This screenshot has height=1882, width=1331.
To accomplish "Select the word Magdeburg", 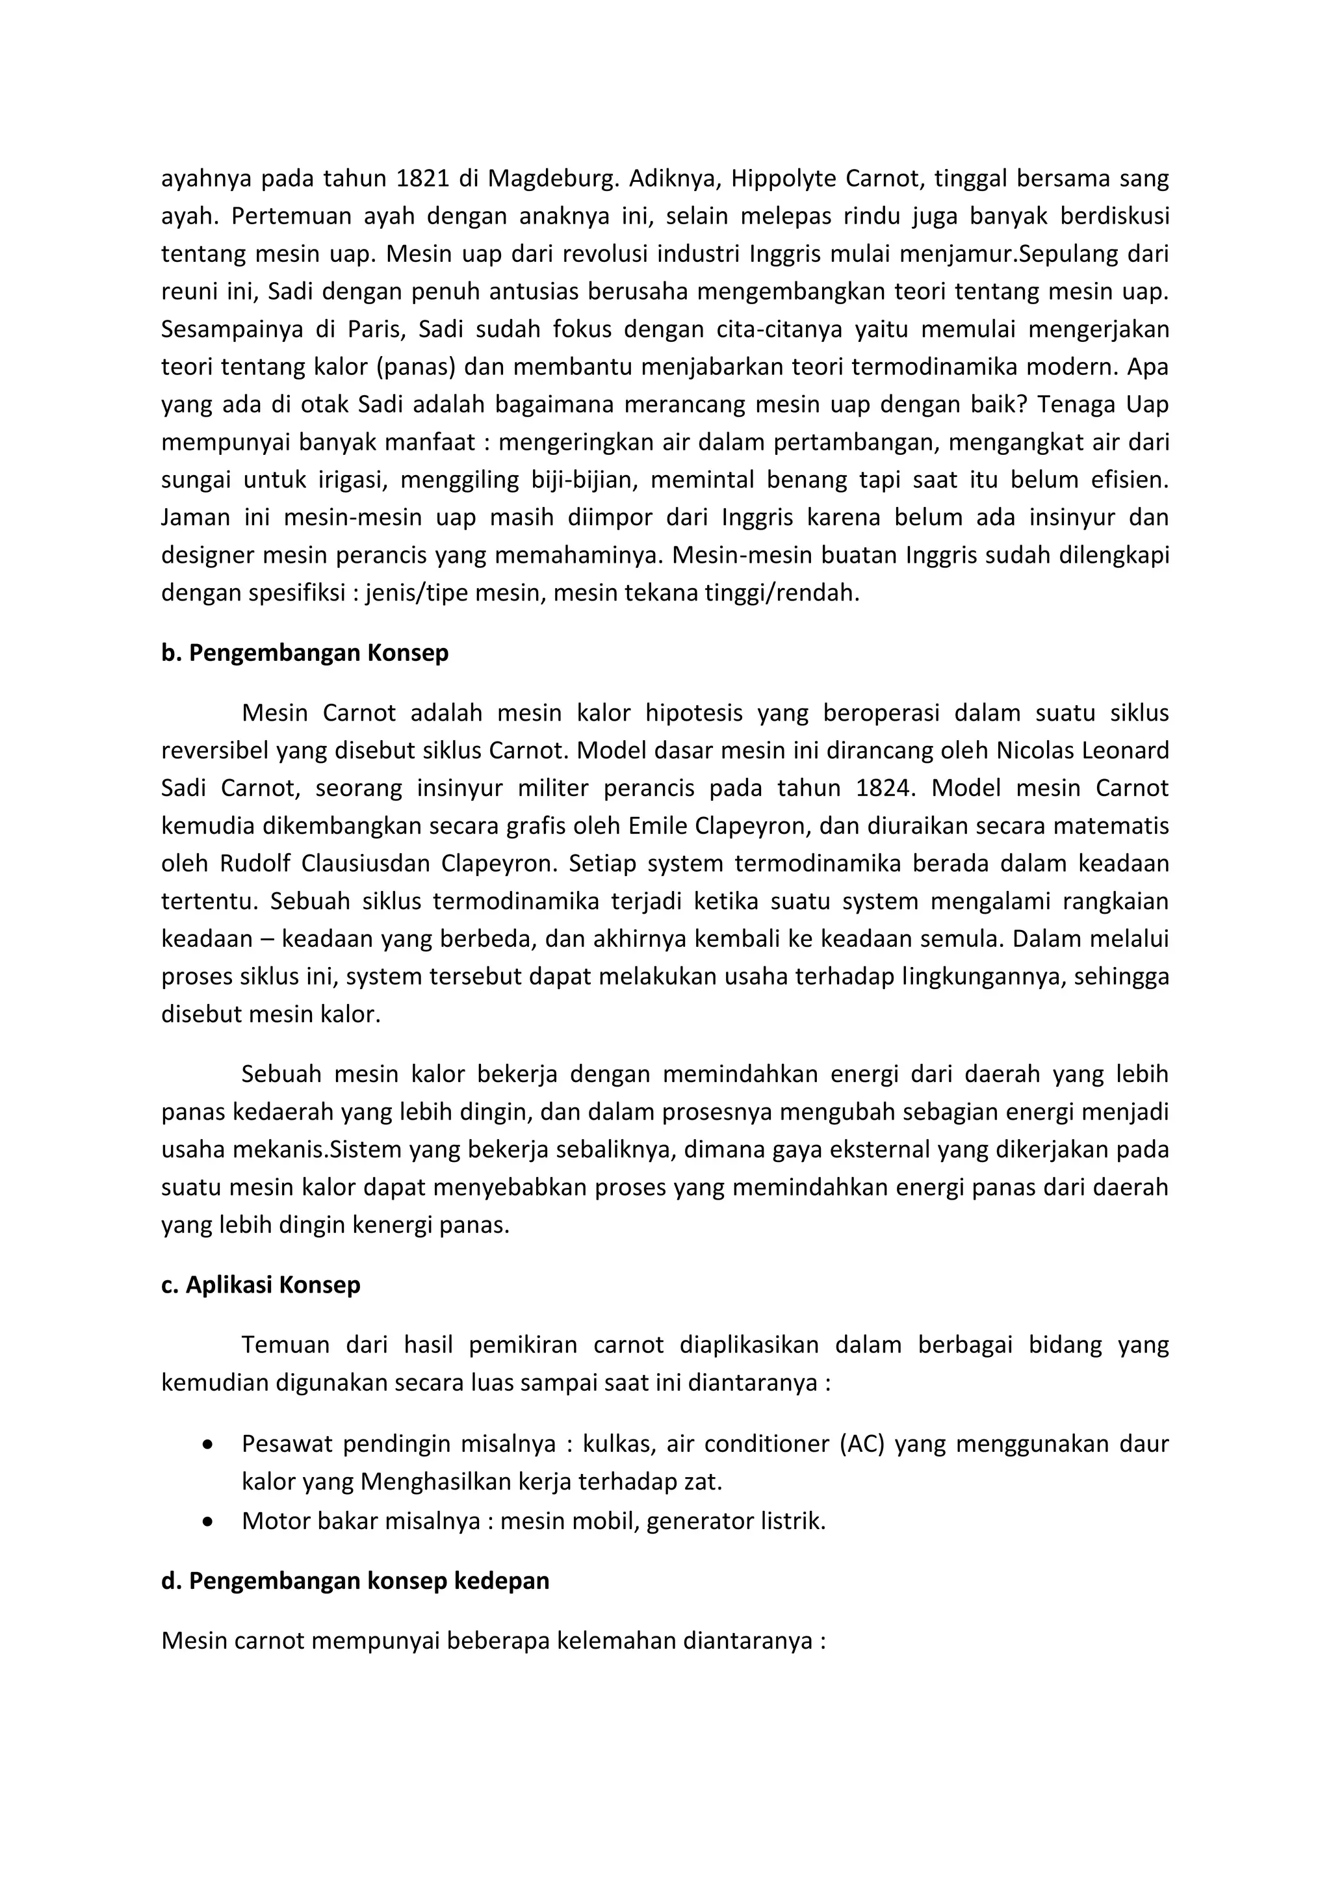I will click(x=546, y=178).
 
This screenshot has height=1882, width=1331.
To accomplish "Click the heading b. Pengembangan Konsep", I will click(x=305, y=652).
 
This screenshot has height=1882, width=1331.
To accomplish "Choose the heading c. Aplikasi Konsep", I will click(x=261, y=1284).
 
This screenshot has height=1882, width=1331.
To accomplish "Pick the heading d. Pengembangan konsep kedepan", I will click(x=355, y=1580).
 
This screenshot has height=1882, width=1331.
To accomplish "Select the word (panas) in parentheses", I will click(x=415, y=367).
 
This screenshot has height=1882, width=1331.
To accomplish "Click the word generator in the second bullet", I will click(x=693, y=1521).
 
